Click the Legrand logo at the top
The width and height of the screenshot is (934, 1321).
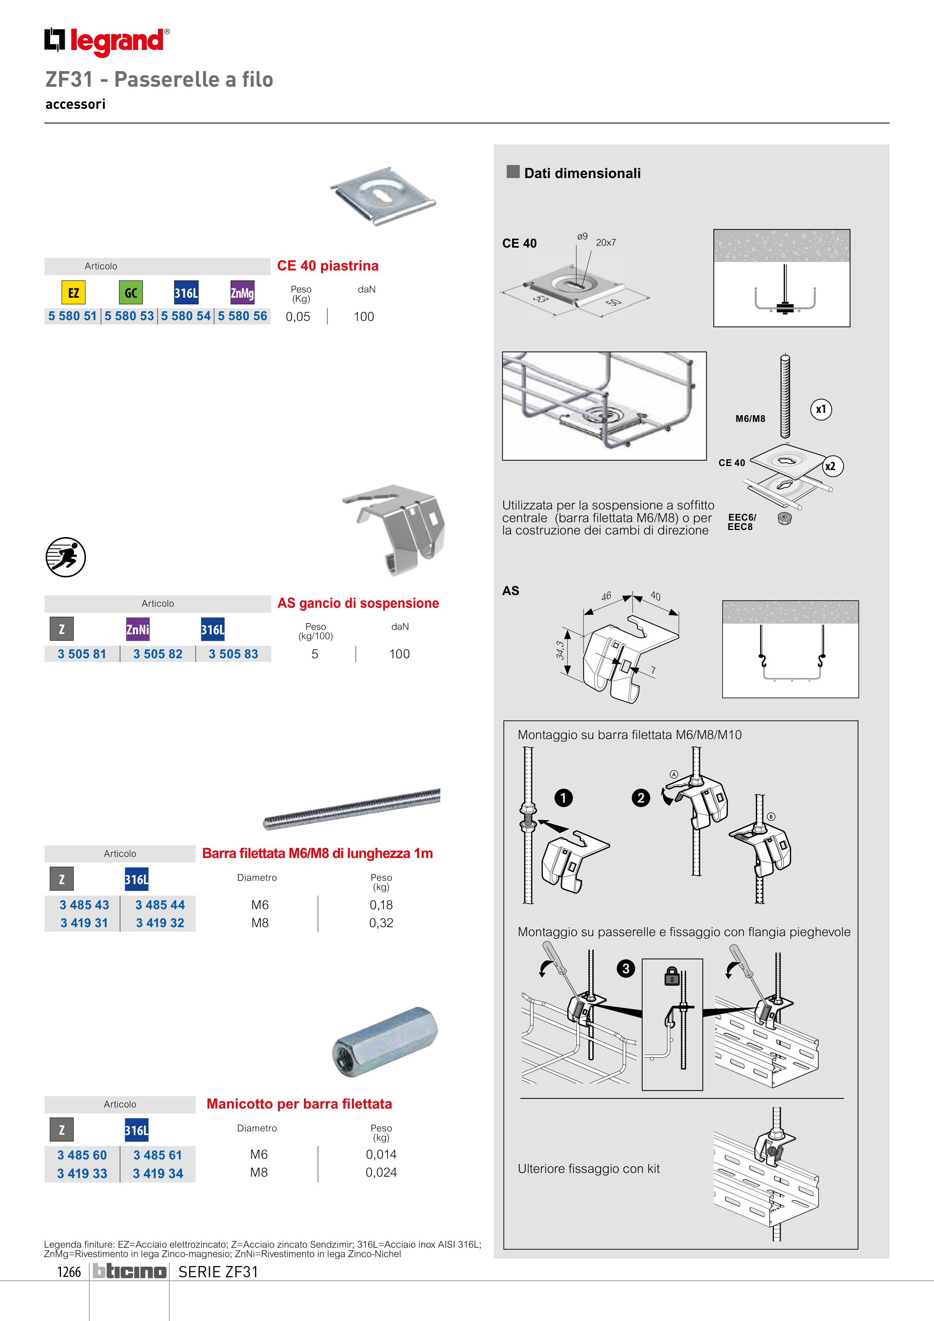click(107, 42)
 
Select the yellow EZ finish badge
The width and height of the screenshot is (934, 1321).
click(74, 292)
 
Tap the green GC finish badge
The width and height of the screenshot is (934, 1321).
click(131, 292)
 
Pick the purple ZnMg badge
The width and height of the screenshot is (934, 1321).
click(242, 292)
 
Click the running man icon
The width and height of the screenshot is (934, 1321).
click(65, 557)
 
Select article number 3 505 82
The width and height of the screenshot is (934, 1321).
click(158, 654)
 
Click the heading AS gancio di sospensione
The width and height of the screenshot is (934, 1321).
click(358, 603)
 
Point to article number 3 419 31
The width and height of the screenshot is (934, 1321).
click(84, 923)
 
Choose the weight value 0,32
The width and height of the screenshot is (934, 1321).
click(381, 923)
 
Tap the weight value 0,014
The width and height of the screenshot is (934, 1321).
click(381, 1154)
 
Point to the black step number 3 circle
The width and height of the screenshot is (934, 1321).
click(626, 968)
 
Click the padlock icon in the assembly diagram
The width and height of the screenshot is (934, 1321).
click(671, 977)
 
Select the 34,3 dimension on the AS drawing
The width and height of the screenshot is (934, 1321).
click(559, 650)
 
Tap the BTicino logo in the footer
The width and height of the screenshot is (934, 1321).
click(129, 1271)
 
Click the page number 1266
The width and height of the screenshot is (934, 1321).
click(69, 1272)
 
